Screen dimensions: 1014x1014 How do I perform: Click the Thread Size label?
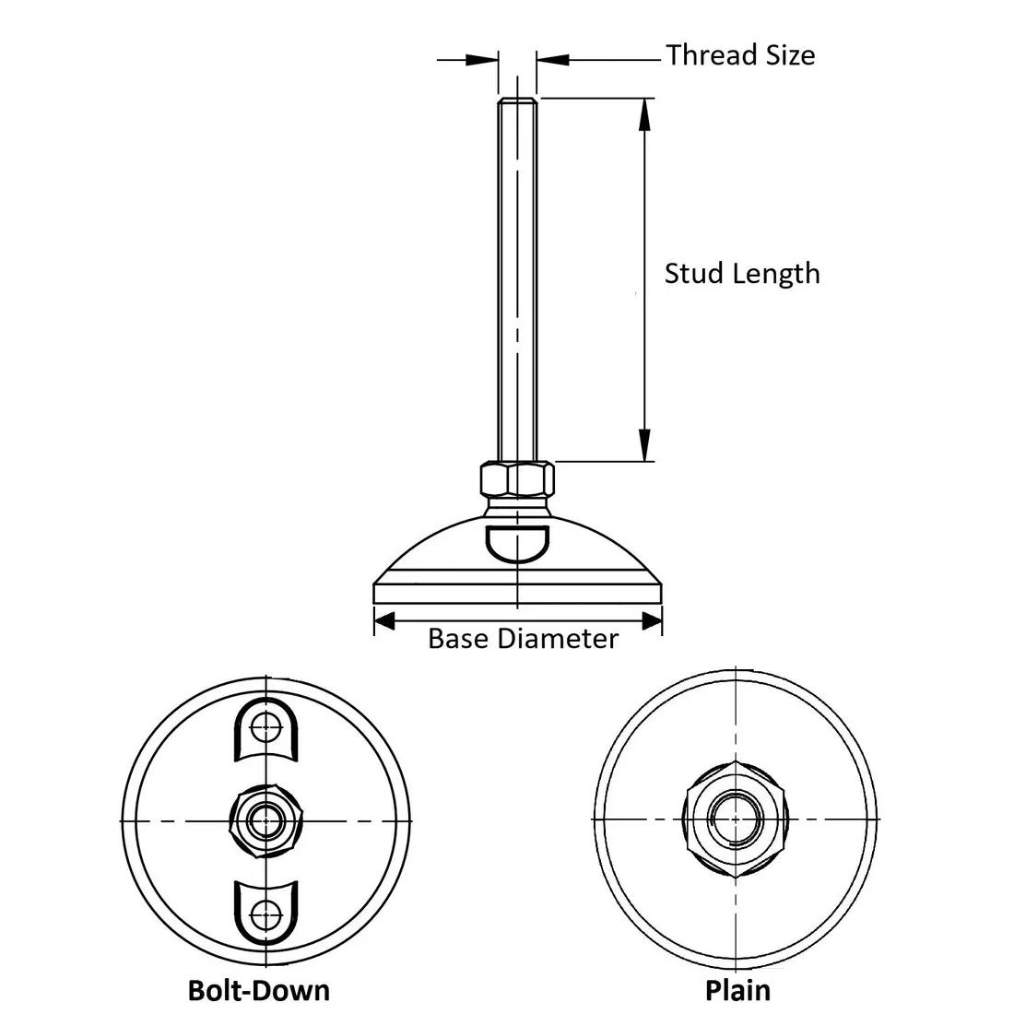click(x=740, y=55)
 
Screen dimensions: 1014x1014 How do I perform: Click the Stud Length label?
click(x=742, y=274)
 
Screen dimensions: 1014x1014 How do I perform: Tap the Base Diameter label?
click(x=523, y=638)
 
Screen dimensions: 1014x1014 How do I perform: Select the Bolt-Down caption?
click(x=258, y=990)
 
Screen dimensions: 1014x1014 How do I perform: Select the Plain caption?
click(x=737, y=990)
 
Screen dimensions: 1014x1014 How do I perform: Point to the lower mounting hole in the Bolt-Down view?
click(x=266, y=914)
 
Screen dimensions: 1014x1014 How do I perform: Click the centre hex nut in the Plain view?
click(x=735, y=819)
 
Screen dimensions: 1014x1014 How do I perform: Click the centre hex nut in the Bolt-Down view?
click(x=266, y=819)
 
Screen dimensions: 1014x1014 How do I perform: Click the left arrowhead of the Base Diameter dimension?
click(x=383, y=623)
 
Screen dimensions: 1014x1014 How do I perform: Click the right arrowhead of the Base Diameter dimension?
click(x=653, y=623)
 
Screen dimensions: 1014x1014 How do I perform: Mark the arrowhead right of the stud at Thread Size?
click(x=551, y=60)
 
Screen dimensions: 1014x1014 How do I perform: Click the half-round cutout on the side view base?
click(x=517, y=541)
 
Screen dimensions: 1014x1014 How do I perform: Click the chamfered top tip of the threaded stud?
click(x=517, y=100)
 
